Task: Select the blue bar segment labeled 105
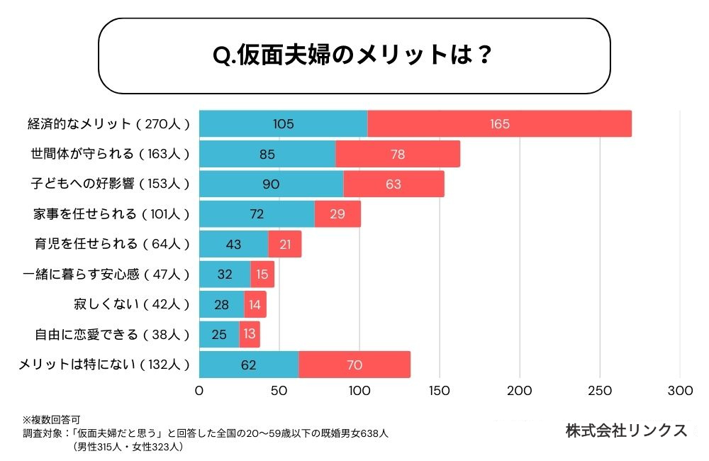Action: point(283,124)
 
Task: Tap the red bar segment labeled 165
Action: point(499,124)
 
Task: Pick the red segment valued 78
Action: point(398,154)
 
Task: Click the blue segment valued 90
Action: point(271,184)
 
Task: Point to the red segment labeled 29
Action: point(337,214)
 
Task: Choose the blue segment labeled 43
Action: point(233,244)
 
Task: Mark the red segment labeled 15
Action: point(262,274)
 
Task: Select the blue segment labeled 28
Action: point(221,304)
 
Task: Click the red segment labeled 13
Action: point(250,334)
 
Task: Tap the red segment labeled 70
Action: point(354,365)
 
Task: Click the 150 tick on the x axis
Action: point(440,391)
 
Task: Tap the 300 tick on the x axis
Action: point(680,391)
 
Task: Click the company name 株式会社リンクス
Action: point(626,431)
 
